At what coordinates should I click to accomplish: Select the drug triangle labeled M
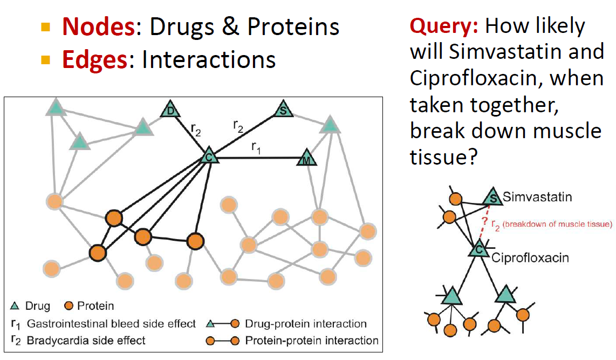[307, 158]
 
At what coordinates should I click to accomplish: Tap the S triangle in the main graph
[283, 109]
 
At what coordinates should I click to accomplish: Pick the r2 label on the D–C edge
[196, 129]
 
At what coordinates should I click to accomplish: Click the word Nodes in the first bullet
[99, 27]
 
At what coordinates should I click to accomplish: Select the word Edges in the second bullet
[95, 60]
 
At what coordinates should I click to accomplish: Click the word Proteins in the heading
[293, 27]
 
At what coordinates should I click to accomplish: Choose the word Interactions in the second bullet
[209, 59]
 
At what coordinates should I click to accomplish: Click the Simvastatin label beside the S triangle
[537, 196]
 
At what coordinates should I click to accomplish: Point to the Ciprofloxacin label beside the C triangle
[530, 258]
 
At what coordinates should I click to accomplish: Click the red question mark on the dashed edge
[485, 221]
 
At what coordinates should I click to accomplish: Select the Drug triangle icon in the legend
[15, 306]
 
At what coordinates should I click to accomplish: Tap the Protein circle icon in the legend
[69, 306]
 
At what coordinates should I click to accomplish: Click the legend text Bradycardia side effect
[86, 341]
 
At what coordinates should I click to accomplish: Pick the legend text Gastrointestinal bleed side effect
[111, 323]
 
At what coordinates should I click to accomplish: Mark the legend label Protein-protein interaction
[312, 341]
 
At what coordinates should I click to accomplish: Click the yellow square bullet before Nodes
[45, 27]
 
